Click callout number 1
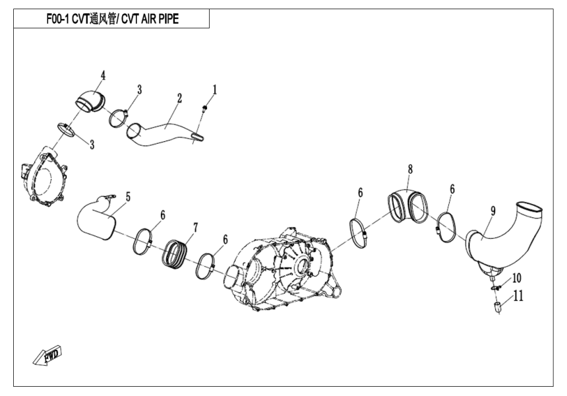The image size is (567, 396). [214, 88]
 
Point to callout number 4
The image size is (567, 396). [103, 75]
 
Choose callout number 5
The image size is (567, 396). [128, 196]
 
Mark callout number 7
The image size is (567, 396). [195, 227]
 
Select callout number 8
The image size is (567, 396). [410, 169]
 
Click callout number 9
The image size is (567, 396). [492, 211]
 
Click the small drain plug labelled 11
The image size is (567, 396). [498, 306]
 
